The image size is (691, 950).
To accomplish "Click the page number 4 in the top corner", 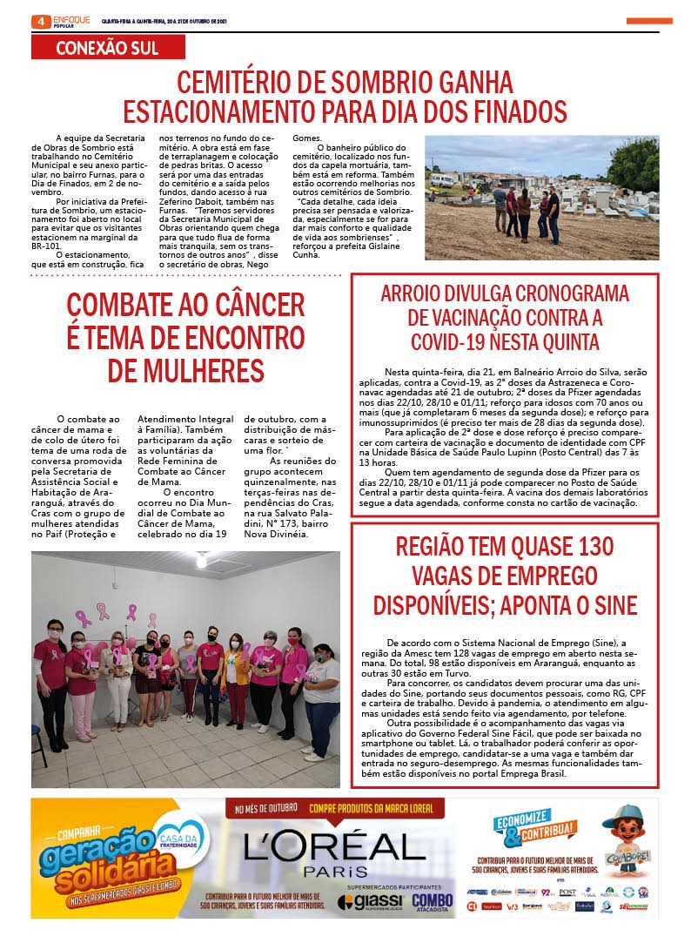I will pos(40,21).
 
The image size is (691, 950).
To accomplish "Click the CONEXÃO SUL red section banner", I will pos(107,48).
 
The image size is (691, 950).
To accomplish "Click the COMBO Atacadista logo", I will pos(433,902).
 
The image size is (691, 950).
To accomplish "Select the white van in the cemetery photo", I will pos(442,180).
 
